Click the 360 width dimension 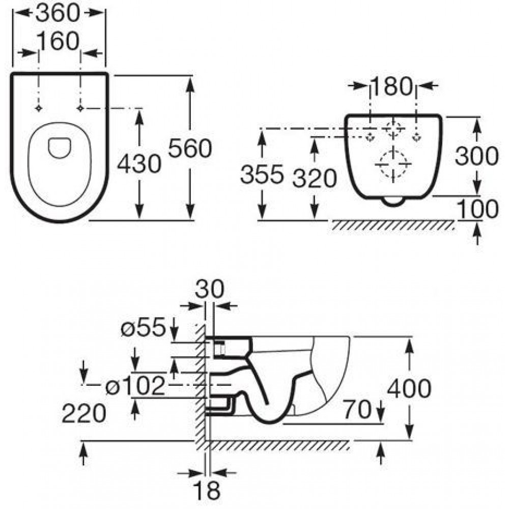[x=58, y=13]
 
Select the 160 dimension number [x=59, y=41]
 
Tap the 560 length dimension [x=190, y=148]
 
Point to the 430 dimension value [x=139, y=163]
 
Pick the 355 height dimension [x=262, y=174]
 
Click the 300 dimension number [x=476, y=156]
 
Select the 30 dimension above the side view [x=210, y=289]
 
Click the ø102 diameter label [x=136, y=386]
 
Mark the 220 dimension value [x=84, y=413]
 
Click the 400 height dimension [x=409, y=388]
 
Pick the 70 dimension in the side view [x=357, y=409]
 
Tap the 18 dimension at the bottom [x=206, y=490]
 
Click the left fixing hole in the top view [x=39, y=108]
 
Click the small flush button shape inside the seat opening [x=60, y=148]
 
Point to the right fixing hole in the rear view [x=416, y=138]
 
